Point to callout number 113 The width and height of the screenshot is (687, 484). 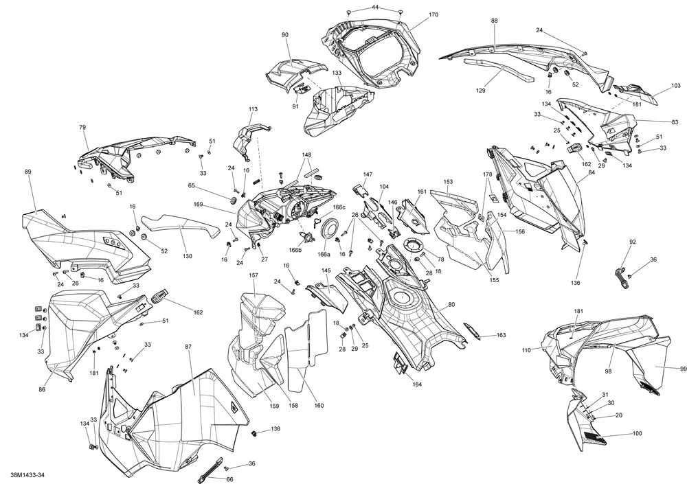coord(253,108)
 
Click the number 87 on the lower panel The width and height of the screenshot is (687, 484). coord(188,348)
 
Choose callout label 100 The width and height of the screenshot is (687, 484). coord(637,435)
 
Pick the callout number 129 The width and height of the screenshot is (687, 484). coord(481,91)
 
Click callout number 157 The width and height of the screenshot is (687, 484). coord(254,275)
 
